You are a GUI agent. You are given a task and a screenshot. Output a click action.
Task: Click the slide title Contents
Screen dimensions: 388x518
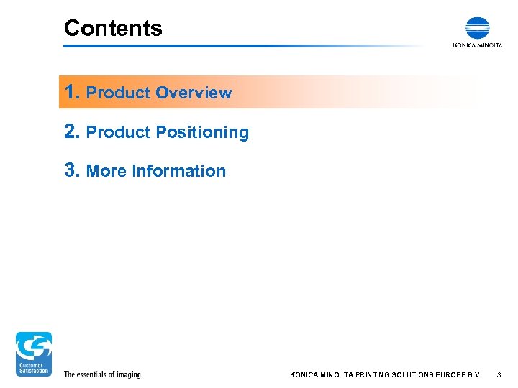tap(113, 28)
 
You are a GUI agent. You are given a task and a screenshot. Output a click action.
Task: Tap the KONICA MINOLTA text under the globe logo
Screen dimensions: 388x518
tap(477, 45)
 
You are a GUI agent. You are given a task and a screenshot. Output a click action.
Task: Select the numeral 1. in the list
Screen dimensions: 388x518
tap(72, 92)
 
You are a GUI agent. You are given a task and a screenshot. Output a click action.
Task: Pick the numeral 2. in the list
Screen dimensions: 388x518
tap(72, 131)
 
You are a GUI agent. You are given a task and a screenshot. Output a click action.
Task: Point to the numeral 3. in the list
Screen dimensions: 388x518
tap(72, 170)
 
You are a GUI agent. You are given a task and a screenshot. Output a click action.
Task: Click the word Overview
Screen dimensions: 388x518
tap(194, 93)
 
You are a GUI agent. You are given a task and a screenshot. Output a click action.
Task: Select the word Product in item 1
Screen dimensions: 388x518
tap(118, 93)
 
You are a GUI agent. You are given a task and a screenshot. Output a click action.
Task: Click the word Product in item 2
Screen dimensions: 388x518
tap(118, 132)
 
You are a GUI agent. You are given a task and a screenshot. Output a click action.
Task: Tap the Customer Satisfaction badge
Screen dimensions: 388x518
tap(34, 354)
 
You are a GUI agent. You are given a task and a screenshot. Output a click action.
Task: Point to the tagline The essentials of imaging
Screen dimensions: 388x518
tap(102, 374)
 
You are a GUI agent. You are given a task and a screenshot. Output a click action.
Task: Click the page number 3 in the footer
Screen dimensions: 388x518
tap(499, 374)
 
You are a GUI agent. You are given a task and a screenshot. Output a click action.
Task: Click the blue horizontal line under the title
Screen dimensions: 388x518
tap(237, 46)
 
